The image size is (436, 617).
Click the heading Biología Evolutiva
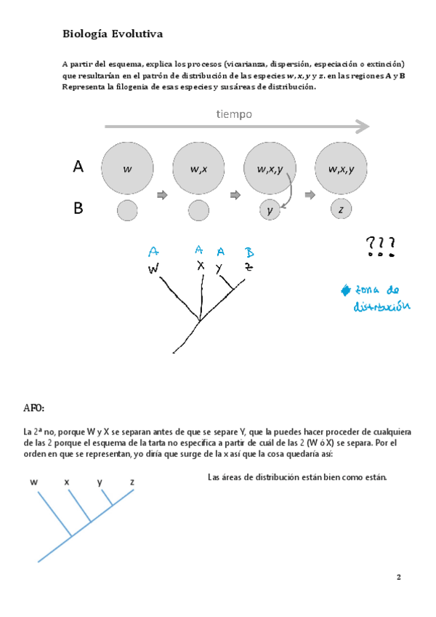click(113, 34)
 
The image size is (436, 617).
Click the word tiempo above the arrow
click(234, 114)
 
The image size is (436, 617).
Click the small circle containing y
click(270, 211)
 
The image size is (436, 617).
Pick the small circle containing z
click(341, 210)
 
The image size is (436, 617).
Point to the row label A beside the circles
click(79, 167)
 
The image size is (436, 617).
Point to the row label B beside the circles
click(78, 210)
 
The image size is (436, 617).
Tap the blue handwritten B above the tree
click(249, 252)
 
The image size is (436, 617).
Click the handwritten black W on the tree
click(154, 269)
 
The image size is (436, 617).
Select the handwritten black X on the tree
click(201, 266)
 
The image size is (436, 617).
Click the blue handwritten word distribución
click(381, 306)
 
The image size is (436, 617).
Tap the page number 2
click(398, 578)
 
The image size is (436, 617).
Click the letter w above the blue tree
click(34, 482)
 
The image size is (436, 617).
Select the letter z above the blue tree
click(132, 482)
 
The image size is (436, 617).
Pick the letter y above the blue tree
click(100, 482)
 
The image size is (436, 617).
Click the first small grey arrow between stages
click(162, 194)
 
